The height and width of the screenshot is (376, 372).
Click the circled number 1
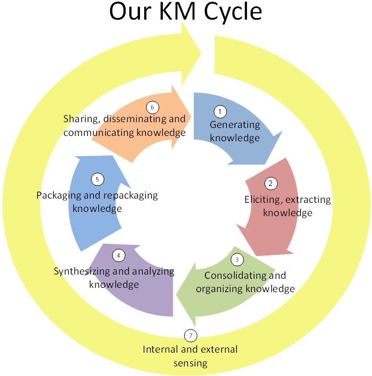tap(220, 112)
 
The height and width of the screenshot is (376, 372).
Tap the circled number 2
tap(271, 183)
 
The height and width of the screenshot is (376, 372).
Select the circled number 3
tap(237, 260)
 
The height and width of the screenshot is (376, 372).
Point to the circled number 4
tap(119, 255)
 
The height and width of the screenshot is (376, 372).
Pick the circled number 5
tap(97, 180)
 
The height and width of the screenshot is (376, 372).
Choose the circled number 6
tap(152, 107)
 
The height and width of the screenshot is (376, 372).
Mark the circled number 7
tap(191, 335)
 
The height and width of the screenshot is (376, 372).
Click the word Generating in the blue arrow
tap(235, 125)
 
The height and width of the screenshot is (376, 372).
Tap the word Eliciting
tap(262, 200)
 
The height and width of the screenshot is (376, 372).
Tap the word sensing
tap(191, 363)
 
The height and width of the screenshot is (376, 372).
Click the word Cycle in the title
tap(233, 12)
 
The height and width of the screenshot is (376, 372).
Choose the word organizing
tap(219, 289)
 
